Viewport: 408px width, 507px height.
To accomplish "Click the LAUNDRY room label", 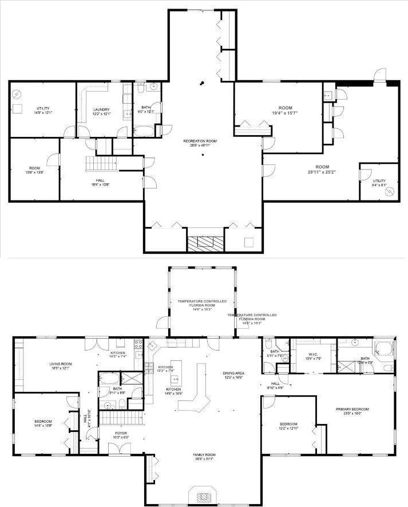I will (x=101, y=109).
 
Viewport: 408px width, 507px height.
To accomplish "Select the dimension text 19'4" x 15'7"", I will (x=284, y=113).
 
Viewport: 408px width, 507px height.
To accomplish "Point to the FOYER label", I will (x=120, y=433).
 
